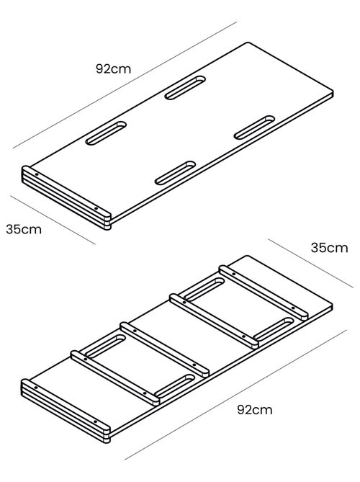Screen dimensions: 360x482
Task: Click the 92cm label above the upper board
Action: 113,68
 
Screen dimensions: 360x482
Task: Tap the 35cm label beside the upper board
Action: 24,229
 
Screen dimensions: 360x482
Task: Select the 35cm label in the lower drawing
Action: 329,248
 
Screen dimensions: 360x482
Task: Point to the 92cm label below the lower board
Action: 255,410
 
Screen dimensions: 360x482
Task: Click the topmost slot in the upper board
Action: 185,88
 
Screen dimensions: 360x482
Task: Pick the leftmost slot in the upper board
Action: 106,133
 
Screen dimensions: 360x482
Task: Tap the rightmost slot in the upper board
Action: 255,128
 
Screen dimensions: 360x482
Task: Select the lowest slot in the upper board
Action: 176,173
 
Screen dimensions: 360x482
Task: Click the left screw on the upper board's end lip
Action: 37,174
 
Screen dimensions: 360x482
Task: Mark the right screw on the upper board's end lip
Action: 96,208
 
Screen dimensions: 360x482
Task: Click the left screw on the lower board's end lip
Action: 36,388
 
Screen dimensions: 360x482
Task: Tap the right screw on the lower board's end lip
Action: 95,421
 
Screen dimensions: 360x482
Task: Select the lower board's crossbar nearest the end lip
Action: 115,378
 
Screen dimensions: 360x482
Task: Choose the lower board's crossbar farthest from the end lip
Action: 264,293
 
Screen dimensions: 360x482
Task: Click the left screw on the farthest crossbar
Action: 234,274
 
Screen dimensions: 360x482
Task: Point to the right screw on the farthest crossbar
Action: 293,308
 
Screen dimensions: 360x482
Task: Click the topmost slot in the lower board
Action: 204,289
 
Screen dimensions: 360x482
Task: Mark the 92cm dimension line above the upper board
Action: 125,85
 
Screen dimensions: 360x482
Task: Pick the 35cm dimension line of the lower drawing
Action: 310,263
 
